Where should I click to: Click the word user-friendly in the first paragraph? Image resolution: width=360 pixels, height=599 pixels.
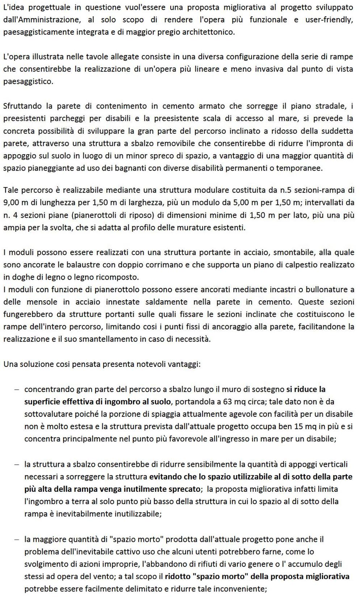click(329, 20)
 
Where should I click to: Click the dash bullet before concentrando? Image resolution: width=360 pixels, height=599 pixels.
click(17, 390)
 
